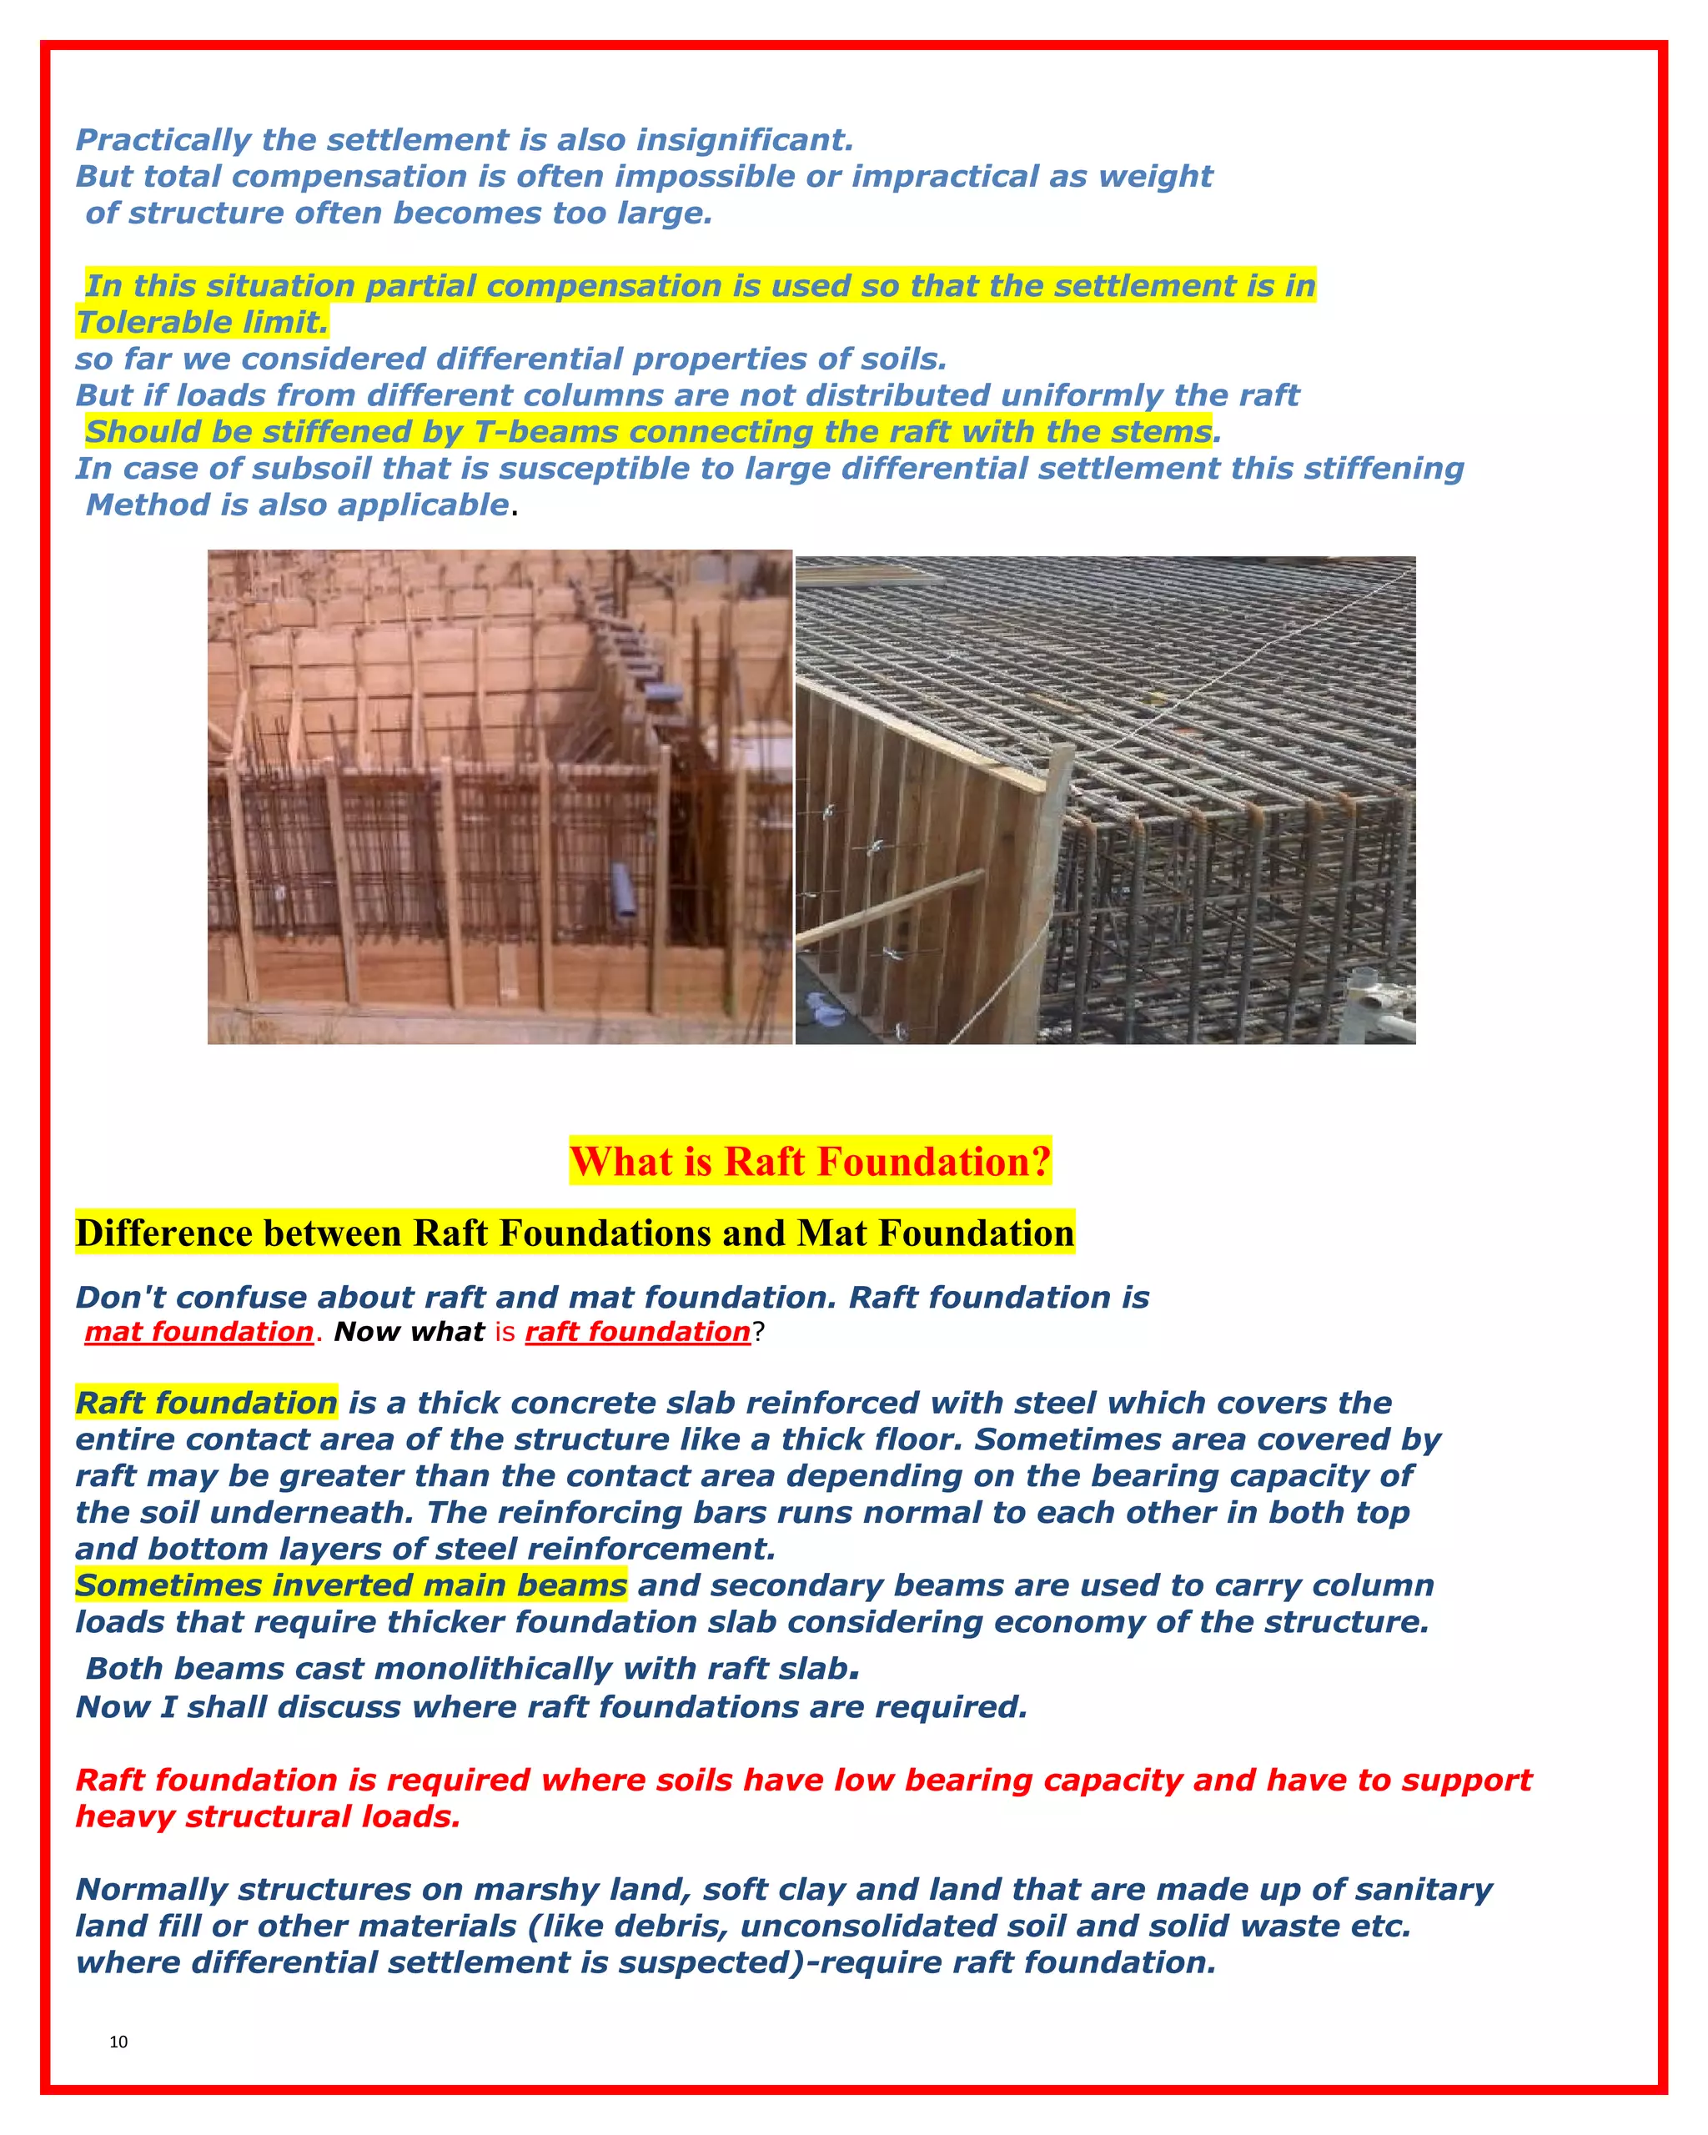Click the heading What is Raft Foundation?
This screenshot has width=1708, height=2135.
[810, 1162]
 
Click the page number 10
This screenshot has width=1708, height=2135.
[118, 2042]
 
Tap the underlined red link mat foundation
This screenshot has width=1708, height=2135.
[199, 1332]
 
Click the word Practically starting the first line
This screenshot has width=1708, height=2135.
[163, 141]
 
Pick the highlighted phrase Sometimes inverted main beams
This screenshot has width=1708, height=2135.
[350, 1585]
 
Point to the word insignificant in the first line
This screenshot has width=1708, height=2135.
[744, 141]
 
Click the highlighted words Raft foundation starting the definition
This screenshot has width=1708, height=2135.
[206, 1404]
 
